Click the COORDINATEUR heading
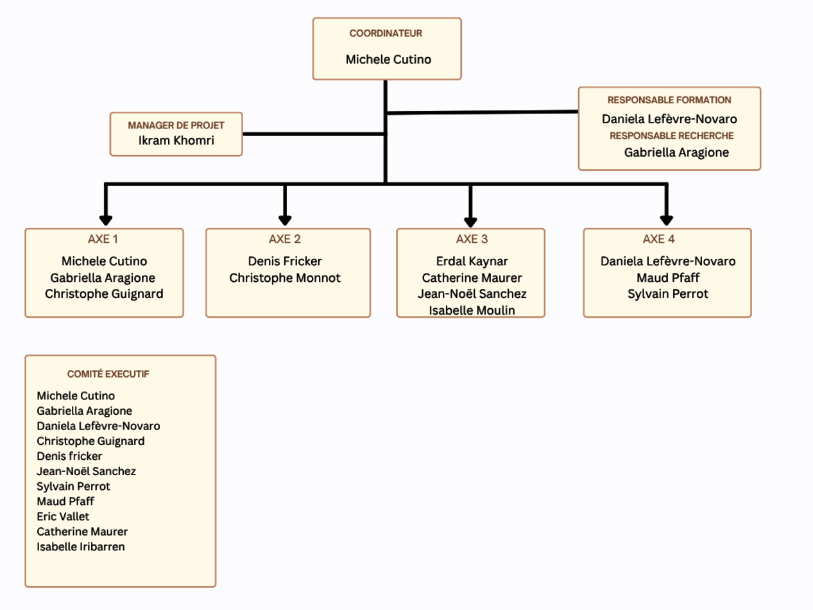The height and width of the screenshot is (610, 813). [386, 33]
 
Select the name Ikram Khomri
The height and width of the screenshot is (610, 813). [176, 140]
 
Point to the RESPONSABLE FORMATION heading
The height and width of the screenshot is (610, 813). [669, 100]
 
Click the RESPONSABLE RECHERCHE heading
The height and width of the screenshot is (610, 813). [671, 135]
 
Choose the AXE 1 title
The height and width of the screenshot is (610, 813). [103, 240]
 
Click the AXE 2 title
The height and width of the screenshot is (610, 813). [285, 240]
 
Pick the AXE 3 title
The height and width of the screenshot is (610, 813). [472, 240]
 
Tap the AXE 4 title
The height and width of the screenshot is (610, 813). [659, 240]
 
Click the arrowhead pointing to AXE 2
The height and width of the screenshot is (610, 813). [286, 219]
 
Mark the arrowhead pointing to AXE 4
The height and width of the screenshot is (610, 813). [667, 219]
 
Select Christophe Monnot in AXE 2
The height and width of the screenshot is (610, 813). [285, 278]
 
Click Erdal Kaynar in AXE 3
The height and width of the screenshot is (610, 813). [472, 261]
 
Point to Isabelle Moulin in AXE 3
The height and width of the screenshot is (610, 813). [472, 311]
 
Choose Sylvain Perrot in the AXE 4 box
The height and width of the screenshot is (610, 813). [668, 294]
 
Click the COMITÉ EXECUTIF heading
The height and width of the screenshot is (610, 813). [108, 374]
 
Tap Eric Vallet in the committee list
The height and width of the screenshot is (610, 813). [63, 516]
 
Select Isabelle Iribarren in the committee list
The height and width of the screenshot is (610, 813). [81, 547]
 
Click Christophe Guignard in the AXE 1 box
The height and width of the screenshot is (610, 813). [104, 294]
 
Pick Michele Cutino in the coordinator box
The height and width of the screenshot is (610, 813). [388, 60]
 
